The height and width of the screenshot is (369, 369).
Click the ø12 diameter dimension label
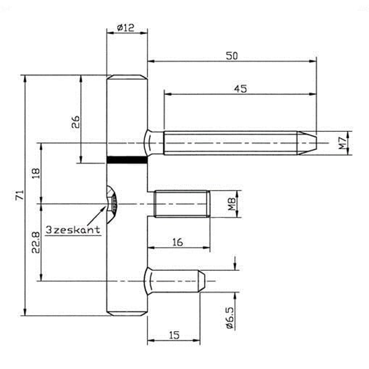pos(126,28)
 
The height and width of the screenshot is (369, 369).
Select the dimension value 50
pos(232,56)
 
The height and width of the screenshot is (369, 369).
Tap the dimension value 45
pos(241,89)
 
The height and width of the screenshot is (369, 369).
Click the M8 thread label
pos(232,204)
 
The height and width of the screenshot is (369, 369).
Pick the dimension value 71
pos(20,195)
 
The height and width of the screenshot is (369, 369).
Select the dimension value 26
pos(75,122)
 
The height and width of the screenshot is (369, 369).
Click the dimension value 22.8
pos(36,242)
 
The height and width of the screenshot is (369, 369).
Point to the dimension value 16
pos(177,242)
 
